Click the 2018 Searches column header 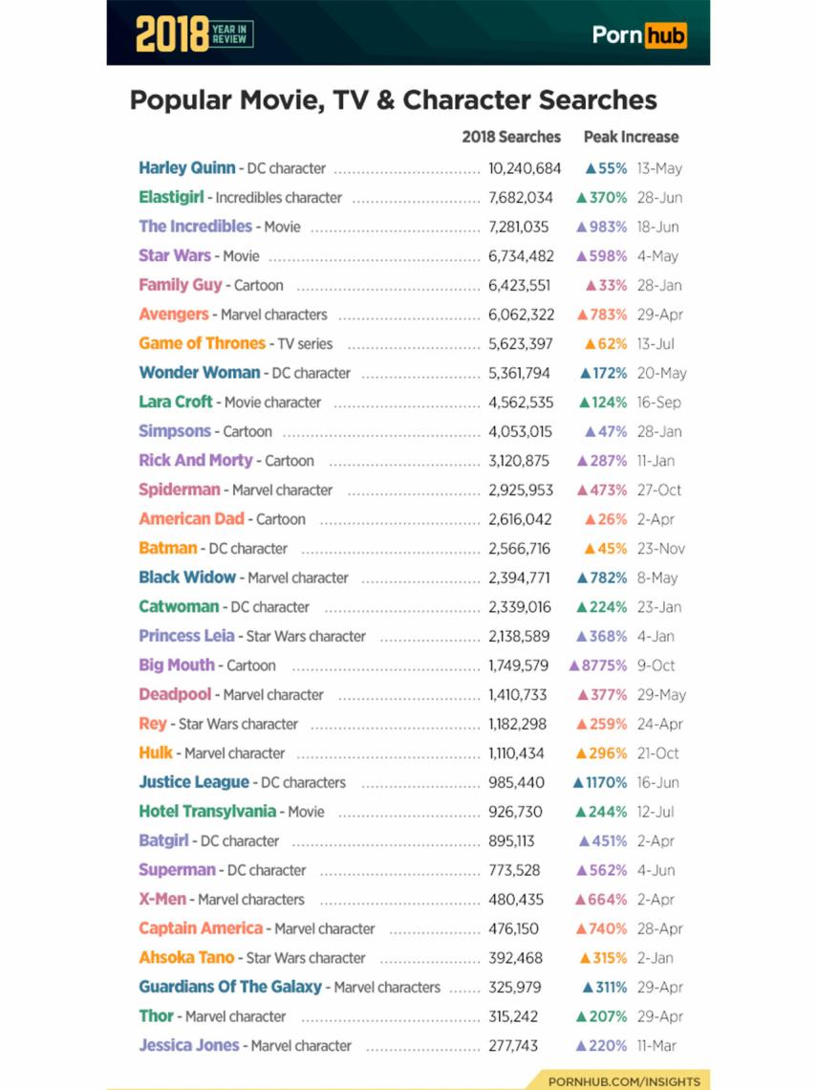click(511, 137)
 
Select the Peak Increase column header click(631, 137)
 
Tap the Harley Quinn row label click(187, 168)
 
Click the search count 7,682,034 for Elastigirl click(521, 198)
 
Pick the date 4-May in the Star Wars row click(657, 256)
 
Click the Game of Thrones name click(202, 343)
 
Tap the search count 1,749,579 click(519, 665)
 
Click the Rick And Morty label click(196, 460)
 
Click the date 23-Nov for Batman click(660, 549)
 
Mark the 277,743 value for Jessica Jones click(513, 1046)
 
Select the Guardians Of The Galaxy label click(230, 987)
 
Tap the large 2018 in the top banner click(172, 35)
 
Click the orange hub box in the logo click(665, 35)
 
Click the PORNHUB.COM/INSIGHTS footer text click(624, 1080)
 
